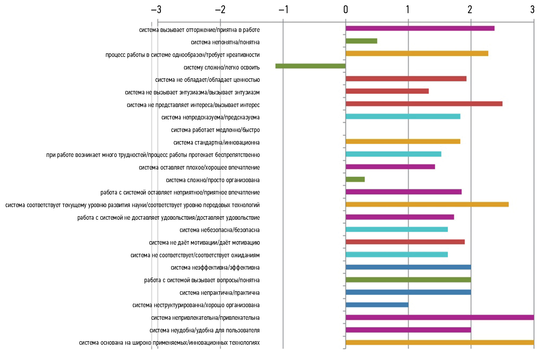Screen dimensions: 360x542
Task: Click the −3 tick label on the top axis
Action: point(156,10)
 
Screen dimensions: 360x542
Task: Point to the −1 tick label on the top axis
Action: point(283,10)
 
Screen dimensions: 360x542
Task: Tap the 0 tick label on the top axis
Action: point(346,10)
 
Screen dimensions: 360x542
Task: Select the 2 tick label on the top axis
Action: point(470,10)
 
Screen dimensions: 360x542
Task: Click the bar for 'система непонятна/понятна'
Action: point(361,41)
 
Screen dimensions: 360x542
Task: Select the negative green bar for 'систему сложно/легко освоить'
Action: point(310,66)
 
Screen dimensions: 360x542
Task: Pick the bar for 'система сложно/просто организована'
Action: point(355,179)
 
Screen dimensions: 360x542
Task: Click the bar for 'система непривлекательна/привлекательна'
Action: point(440,318)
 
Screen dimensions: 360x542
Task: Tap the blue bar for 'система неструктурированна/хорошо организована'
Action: point(377,305)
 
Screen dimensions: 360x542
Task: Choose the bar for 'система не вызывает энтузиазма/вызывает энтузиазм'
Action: point(387,91)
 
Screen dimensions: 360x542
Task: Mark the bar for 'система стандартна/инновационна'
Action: point(403,142)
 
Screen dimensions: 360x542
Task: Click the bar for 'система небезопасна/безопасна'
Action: point(397,229)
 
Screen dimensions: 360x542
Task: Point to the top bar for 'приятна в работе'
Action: point(420,28)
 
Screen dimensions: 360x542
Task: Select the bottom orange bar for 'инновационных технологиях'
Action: point(440,343)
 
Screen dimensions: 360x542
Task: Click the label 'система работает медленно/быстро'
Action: point(215,130)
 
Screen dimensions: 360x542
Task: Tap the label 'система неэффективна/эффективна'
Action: point(215,268)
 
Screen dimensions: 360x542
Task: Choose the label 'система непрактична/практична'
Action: point(220,293)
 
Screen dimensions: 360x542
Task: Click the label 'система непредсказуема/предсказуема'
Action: point(211,117)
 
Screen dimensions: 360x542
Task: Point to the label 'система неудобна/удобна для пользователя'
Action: point(205,330)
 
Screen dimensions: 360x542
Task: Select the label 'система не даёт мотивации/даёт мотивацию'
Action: point(204,243)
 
